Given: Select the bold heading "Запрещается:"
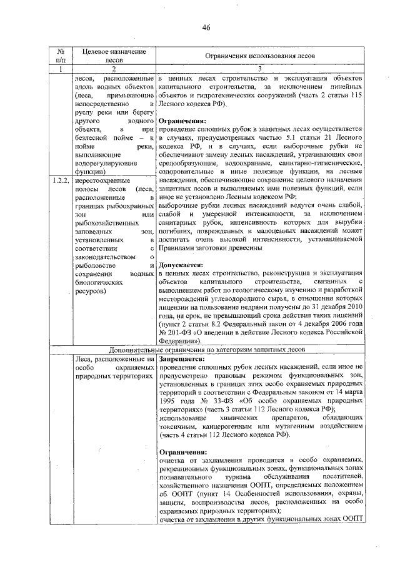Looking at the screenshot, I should tap(181, 360).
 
